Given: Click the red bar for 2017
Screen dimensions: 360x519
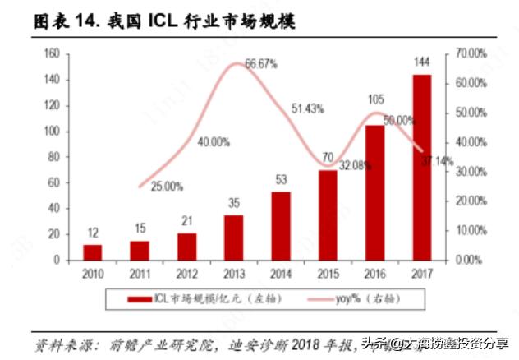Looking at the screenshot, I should click(x=422, y=167).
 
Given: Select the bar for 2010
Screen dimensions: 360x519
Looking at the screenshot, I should click(x=93, y=252).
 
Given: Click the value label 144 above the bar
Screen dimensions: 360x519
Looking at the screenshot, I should click(x=422, y=62).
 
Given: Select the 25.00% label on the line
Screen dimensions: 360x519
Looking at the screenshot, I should click(x=167, y=187).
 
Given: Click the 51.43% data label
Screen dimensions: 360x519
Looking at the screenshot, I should click(x=308, y=108).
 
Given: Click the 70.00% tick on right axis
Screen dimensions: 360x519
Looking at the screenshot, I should click(x=470, y=53).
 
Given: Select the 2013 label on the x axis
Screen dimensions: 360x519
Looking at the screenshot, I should click(x=234, y=273).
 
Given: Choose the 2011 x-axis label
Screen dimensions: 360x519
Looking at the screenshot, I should click(x=140, y=273).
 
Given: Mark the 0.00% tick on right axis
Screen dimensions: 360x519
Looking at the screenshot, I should click(x=468, y=260).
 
